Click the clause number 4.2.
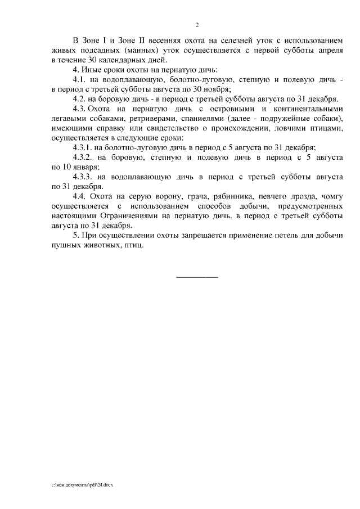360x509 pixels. (83, 98)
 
